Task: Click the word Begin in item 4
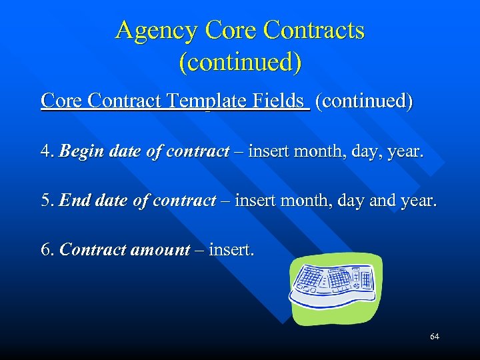point(77,151)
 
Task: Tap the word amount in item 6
point(160,250)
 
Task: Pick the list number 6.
point(47,250)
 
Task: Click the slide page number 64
point(435,337)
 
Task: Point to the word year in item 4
point(405,151)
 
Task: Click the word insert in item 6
point(229,250)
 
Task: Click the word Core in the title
point(231,31)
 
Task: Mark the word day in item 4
point(360,152)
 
